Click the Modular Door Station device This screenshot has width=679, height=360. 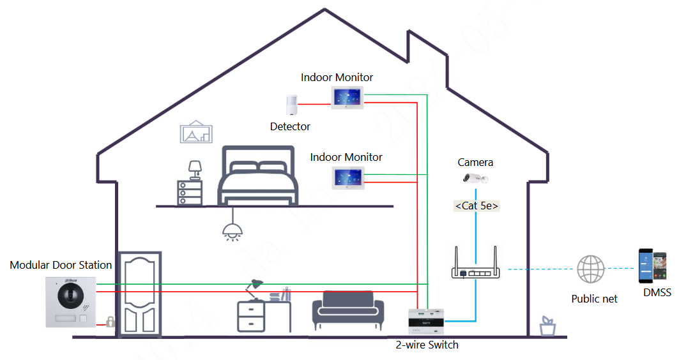70,301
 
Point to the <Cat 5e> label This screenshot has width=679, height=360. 477,206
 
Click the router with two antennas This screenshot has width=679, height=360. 476,264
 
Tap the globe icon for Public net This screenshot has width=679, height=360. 590,269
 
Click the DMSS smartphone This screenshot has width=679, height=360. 654,266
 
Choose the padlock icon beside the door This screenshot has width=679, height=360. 110,321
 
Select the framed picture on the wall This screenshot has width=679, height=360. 196,133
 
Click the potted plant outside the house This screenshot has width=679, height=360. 547,326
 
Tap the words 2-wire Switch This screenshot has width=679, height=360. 427,345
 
